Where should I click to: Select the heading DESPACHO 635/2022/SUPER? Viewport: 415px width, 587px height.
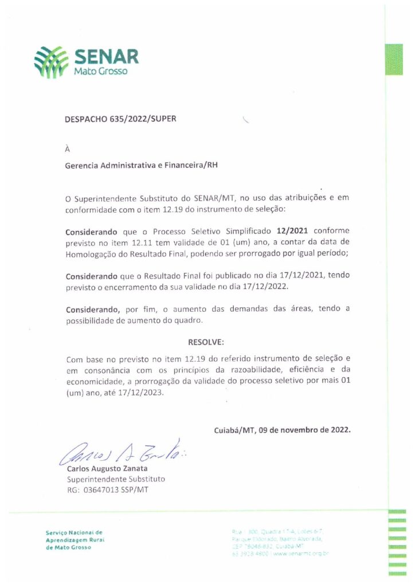[x=121, y=119]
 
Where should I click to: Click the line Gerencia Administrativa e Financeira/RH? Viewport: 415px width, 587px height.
[x=142, y=165]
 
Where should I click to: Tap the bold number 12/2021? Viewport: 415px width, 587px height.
[x=292, y=232]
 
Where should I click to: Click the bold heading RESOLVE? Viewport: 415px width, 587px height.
[x=206, y=342]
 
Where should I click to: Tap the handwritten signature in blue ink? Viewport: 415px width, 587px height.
[x=120, y=453]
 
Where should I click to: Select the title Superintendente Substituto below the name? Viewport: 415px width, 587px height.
[x=116, y=479]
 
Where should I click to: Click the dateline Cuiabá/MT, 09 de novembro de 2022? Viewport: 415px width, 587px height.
[x=282, y=429]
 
